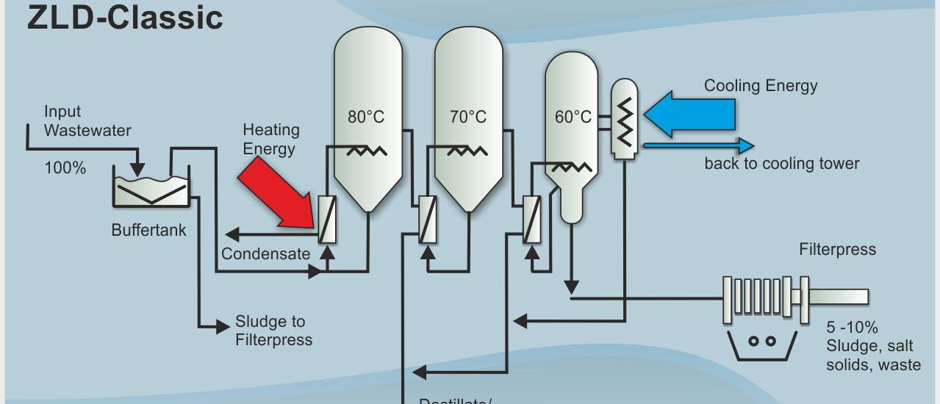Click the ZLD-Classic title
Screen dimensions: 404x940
(x=125, y=18)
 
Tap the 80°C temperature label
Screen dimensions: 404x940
(x=366, y=118)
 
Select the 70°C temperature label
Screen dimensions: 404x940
(x=468, y=118)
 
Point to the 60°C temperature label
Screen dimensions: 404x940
(x=573, y=118)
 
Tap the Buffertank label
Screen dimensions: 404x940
(x=148, y=230)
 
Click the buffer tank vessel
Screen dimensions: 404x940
(x=151, y=187)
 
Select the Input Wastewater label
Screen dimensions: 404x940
(x=87, y=121)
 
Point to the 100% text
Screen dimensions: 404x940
(x=65, y=168)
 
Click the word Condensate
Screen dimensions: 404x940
(x=265, y=254)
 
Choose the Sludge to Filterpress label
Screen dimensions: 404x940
(x=273, y=331)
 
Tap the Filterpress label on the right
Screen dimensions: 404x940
(x=837, y=250)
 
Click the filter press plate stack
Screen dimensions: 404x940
(x=757, y=300)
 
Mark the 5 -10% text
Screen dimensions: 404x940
(x=852, y=328)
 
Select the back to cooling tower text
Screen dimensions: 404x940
(x=781, y=163)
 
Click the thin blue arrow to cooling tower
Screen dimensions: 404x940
(x=698, y=145)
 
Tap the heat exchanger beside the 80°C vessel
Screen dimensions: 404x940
(x=328, y=219)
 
